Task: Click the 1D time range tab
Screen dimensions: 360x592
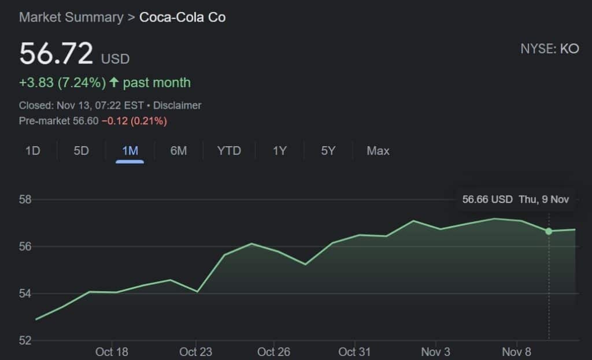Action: click(x=32, y=151)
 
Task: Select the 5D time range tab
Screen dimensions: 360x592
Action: click(x=81, y=151)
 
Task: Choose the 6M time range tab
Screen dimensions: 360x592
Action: click(x=179, y=151)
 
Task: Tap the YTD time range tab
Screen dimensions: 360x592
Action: click(x=229, y=151)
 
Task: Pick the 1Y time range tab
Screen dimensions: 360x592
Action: click(x=280, y=151)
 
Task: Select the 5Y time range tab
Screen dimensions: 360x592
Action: click(x=328, y=151)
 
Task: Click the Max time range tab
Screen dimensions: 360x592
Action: click(x=378, y=151)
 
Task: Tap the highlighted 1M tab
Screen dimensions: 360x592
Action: click(x=130, y=151)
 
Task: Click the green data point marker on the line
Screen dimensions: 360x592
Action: click(x=549, y=231)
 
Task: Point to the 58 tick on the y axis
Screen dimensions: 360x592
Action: click(x=25, y=200)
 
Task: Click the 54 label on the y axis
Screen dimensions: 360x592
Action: click(x=25, y=294)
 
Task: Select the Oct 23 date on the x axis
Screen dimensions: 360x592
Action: click(x=196, y=351)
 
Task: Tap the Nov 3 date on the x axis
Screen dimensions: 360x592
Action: click(x=436, y=351)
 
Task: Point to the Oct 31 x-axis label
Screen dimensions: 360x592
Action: click(x=354, y=351)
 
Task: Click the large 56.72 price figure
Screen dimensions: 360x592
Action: click(x=56, y=54)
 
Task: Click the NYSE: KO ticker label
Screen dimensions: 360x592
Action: click(x=549, y=49)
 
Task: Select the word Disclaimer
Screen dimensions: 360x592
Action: click(x=177, y=105)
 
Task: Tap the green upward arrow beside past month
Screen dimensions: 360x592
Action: click(x=114, y=83)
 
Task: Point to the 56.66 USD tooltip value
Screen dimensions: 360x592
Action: click(x=487, y=199)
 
